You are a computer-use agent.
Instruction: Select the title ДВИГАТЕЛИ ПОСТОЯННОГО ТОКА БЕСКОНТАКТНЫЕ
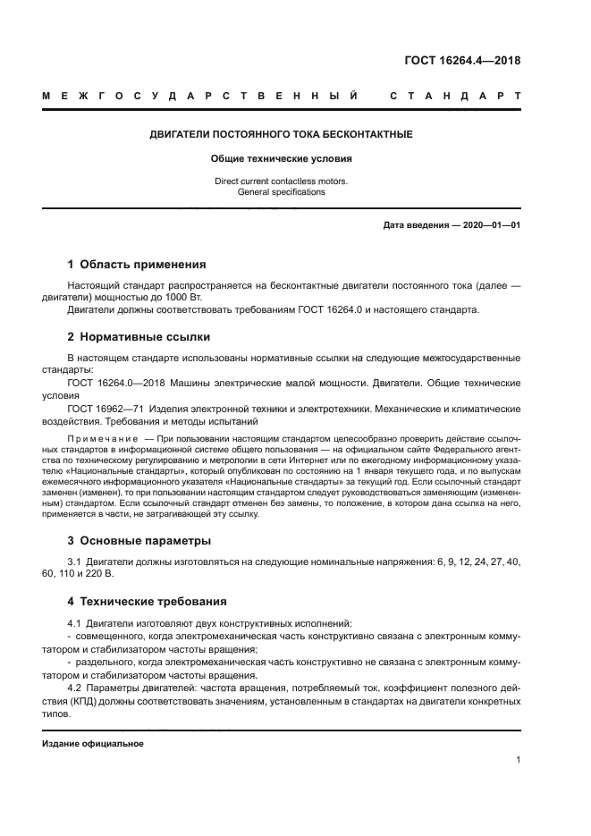280,134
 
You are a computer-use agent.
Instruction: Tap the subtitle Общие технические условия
281,159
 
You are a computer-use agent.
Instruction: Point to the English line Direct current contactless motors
281,181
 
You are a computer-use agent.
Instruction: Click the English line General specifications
281,191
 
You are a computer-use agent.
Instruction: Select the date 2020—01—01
492,225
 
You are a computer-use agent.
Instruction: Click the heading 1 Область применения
137,265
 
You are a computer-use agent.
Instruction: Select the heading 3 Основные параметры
139,541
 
